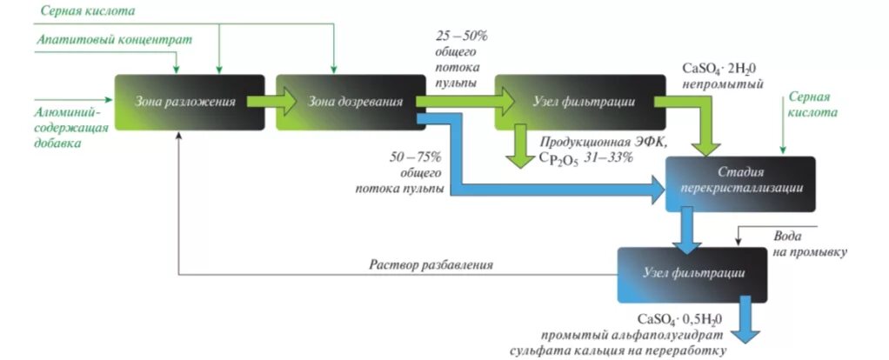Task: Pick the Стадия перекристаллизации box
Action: pos(740,183)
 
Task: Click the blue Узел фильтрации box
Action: pos(694,274)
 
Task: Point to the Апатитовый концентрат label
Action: pos(114,40)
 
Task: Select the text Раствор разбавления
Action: pos(431,264)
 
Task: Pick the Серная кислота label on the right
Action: pos(812,105)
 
